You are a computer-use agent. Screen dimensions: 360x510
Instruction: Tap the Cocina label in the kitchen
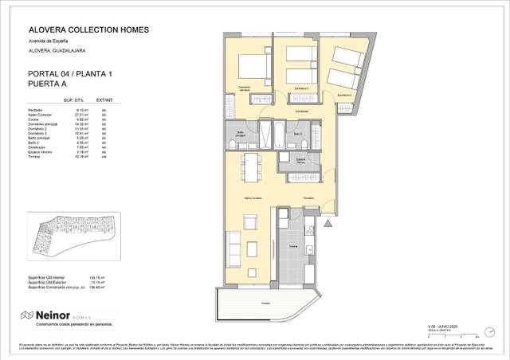292,247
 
